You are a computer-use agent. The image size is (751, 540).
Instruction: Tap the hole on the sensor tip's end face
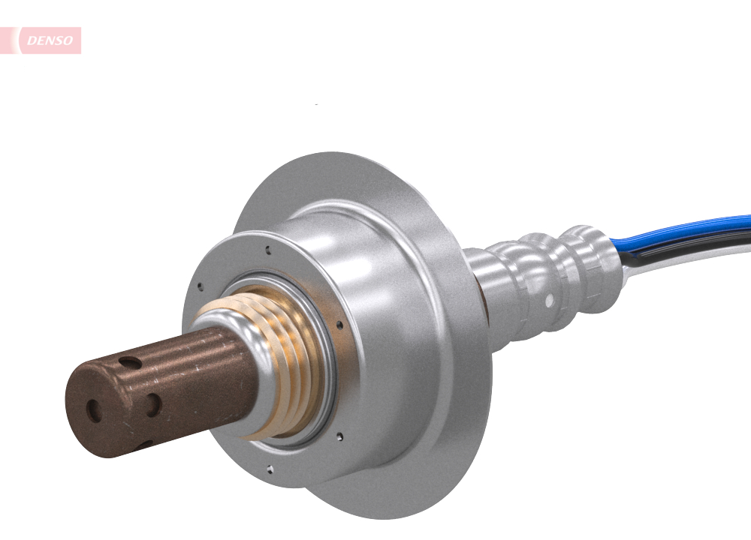click(94, 409)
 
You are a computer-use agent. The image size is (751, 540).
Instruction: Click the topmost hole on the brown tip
click(130, 363)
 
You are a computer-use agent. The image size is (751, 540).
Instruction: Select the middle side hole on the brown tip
click(153, 404)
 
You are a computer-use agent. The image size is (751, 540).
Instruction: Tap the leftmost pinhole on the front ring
click(199, 285)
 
